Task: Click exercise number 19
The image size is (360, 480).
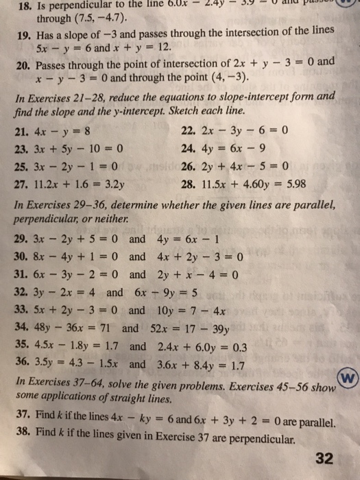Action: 21,34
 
